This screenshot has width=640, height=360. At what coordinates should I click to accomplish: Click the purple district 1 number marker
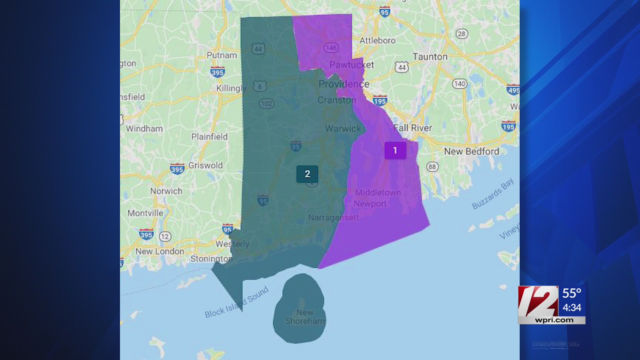click(395, 150)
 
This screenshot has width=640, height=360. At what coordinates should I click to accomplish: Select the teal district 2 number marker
click(307, 174)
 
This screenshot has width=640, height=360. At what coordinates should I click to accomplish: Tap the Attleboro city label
click(377, 41)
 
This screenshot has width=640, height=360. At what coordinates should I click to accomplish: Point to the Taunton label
click(430, 57)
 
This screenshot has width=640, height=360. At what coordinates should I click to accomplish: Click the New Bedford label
click(472, 152)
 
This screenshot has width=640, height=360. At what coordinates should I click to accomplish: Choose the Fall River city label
click(413, 128)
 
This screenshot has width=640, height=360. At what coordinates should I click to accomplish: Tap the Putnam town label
click(222, 55)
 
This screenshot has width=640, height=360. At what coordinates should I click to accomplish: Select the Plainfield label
click(209, 137)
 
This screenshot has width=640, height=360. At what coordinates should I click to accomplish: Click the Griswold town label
click(205, 165)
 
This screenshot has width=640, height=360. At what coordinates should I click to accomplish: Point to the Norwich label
click(166, 191)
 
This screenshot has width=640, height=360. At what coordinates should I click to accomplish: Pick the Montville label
click(145, 213)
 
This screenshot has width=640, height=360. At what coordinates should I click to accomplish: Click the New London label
click(160, 252)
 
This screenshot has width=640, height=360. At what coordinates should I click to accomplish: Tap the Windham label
click(144, 129)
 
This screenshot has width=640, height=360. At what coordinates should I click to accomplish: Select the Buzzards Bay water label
click(493, 194)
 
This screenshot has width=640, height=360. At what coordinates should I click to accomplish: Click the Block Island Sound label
click(237, 302)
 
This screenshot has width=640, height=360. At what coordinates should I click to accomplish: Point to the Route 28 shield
click(462, 34)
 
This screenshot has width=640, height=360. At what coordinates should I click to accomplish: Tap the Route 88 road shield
click(432, 167)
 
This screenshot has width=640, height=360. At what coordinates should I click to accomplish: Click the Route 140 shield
click(460, 84)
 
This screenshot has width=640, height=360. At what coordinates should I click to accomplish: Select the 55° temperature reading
click(572, 293)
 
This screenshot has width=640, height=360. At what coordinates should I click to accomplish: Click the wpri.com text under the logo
click(554, 320)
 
